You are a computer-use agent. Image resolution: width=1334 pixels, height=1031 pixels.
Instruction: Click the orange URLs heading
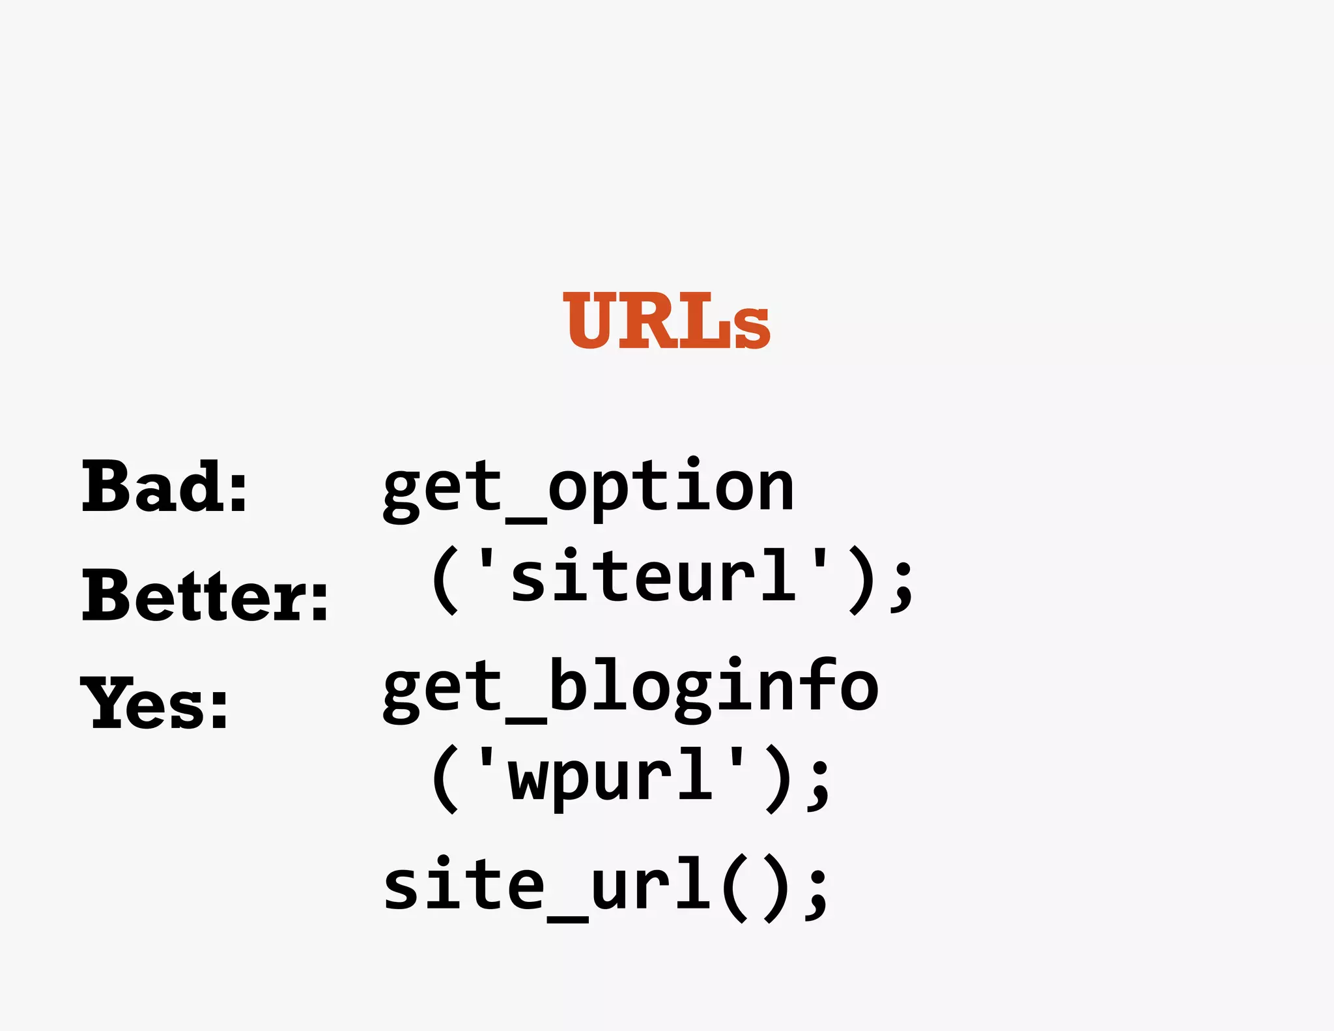pyautogui.click(x=666, y=321)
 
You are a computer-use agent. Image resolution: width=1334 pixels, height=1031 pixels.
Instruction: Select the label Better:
pyautogui.click(x=205, y=594)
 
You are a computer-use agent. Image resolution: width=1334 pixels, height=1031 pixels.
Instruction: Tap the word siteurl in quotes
pyautogui.click(x=653, y=576)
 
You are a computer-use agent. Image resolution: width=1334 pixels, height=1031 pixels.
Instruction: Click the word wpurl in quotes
pyautogui.click(x=611, y=776)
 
